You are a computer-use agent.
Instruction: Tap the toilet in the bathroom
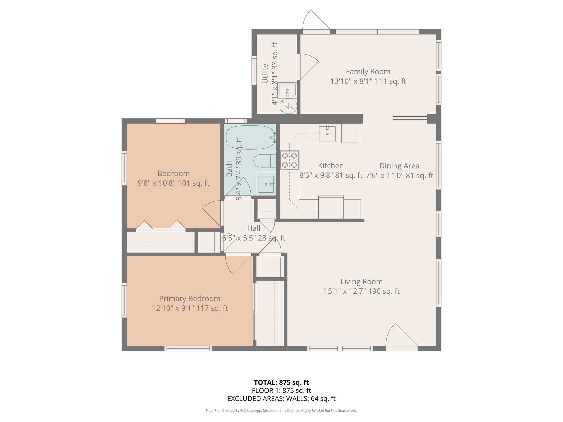pyautogui.click(x=265, y=161)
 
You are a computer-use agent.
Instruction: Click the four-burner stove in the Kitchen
pyautogui.click(x=289, y=160)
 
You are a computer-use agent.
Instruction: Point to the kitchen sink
pyautogui.click(x=327, y=133)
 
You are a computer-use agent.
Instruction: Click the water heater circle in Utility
pyautogui.click(x=288, y=106)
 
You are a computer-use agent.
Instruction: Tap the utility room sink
pyautogui.click(x=287, y=90)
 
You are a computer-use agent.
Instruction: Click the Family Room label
pyautogui.click(x=368, y=72)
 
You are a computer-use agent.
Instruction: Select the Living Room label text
pyautogui.click(x=361, y=282)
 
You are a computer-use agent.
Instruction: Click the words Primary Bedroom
pyautogui.click(x=190, y=299)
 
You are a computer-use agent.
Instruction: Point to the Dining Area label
pyautogui.click(x=399, y=166)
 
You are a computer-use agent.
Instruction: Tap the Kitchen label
pyautogui.click(x=331, y=166)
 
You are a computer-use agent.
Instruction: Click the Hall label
pyautogui.click(x=254, y=228)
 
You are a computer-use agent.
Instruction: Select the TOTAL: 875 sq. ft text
pyautogui.click(x=281, y=382)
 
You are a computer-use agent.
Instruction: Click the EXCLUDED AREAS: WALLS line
pyautogui.click(x=281, y=398)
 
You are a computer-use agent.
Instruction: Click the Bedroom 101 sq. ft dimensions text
pyautogui.click(x=173, y=183)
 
